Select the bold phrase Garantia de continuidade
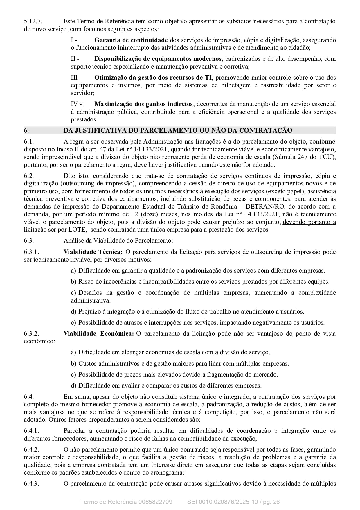point(131,40)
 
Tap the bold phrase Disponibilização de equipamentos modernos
point(158,59)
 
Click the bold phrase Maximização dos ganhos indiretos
point(143,104)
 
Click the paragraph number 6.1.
point(29,142)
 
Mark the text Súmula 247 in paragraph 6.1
point(311,157)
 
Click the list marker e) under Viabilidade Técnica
point(73,323)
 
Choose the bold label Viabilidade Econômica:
point(98,334)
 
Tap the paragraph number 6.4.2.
point(31,450)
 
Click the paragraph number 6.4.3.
point(31,484)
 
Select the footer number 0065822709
point(155,502)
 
